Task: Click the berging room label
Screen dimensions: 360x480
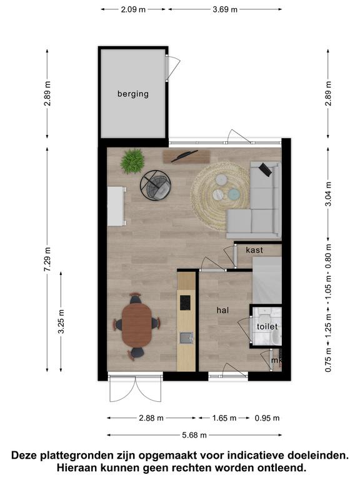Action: (x=133, y=94)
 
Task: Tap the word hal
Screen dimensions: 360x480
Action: (x=222, y=311)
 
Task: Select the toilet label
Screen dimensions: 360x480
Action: (x=267, y=327)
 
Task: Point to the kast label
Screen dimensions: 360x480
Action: (x=254, y=250)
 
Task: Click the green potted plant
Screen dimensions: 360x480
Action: (x=132, y=161)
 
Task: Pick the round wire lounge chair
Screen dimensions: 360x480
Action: (x=156, y=186)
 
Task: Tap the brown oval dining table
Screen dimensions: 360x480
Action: (x=137, y=325)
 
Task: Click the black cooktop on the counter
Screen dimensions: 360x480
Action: (x=185, y=302)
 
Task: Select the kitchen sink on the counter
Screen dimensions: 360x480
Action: (x=186, y=338)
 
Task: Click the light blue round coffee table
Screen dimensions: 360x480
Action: (x=234, y=194)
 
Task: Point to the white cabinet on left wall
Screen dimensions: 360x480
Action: (x=117, y=206)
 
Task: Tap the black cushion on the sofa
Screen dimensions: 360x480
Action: (x=265, y=169)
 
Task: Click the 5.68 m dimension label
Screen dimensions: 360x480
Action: (x=194, y=435)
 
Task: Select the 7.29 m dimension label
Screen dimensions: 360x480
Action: (x=47, y=259)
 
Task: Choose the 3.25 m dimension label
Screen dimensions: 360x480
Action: (x=61, y=321)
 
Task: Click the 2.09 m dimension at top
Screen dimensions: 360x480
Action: (x=133, y=9)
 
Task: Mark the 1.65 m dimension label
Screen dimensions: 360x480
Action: (x=224, y=418)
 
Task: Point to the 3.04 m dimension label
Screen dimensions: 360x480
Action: (x=328, y=194)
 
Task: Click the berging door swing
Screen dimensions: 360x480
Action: (x=173, y=68)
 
